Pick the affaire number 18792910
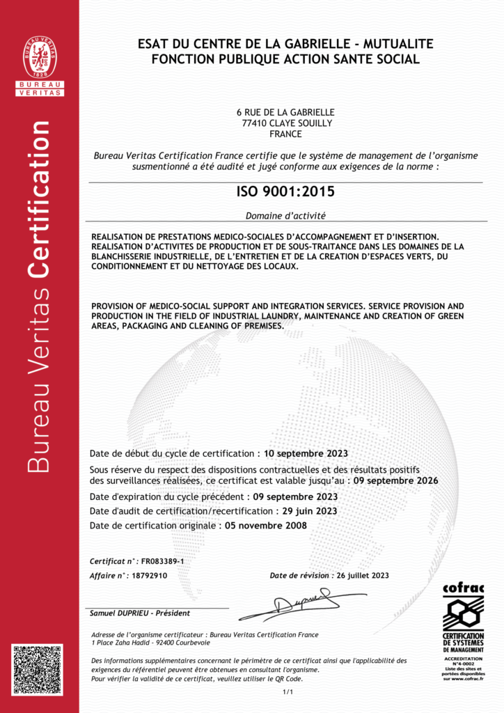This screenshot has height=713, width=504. [150, 576]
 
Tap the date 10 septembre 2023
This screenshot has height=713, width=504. [301, 453]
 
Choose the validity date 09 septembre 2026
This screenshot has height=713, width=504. [396, 480]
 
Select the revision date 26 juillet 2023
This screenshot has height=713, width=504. [363, 576]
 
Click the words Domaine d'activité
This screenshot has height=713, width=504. [285, 216]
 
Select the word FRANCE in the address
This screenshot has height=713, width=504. [285, 134]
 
